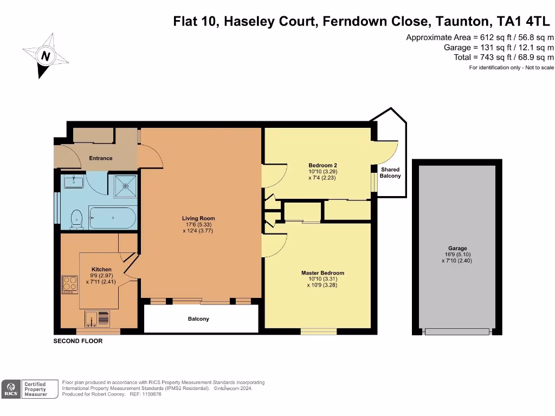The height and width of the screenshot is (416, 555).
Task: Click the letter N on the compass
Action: tap(46, 56)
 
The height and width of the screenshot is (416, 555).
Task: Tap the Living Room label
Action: tap(198, 218)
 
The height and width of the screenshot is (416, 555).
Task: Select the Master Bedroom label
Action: tap(322, 273)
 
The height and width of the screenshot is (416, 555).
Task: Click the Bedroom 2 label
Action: tap(322, 165)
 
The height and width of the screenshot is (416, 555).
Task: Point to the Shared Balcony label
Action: tap(390, 173)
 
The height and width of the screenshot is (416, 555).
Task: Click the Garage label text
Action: tap(457, 248)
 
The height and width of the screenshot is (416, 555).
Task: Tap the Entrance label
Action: tap(100, 158)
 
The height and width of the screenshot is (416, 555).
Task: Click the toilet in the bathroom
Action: tap(76, 219)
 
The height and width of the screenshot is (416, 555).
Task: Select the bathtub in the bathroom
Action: tap(112, 218)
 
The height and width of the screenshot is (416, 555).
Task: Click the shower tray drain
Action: tap(125, 186)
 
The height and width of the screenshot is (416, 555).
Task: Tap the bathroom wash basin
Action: tap(74, 181)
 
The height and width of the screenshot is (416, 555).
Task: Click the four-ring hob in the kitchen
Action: tap(70, 284)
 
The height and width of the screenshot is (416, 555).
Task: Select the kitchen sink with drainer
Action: tap(97, 318)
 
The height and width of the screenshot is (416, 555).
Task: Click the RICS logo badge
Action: tap(11, 389)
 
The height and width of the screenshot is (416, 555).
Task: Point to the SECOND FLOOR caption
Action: tap(78, 341)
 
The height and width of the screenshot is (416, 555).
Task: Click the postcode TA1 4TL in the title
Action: tap(523, 21)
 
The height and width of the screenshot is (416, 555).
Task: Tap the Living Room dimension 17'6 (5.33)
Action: tap(198, 225)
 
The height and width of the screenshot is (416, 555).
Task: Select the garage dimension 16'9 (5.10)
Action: tap(457, 255)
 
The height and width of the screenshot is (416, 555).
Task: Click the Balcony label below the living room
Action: tap(198, 318)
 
